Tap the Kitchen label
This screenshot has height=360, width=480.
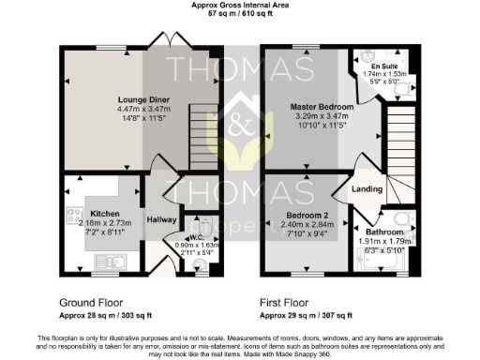click(101, 201)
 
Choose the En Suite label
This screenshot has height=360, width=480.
click(381, 67)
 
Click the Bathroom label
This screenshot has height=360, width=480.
click(384, 231)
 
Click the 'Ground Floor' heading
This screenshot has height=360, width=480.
click(92, 303)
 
